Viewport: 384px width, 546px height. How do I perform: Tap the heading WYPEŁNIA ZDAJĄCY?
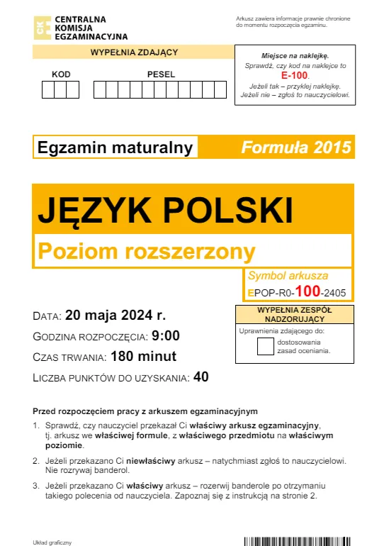coord(134,52)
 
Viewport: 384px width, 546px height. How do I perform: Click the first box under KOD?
coord(49,90)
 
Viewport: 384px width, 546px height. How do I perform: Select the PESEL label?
coord(161,74)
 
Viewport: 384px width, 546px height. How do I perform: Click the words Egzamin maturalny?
coord(115,147)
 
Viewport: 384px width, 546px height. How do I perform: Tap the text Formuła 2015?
coord(296,147)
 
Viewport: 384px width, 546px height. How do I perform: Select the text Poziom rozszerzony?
coord(146,250)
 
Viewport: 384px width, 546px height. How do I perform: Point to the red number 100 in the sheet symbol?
coord(307,291)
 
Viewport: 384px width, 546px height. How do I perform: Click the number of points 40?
coord(201,377)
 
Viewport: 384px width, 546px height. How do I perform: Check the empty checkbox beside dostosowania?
coord(265,346)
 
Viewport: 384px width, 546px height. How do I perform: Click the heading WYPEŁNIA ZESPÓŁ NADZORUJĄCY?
coord(295,314)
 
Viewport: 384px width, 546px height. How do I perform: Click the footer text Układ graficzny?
coord(53,542)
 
